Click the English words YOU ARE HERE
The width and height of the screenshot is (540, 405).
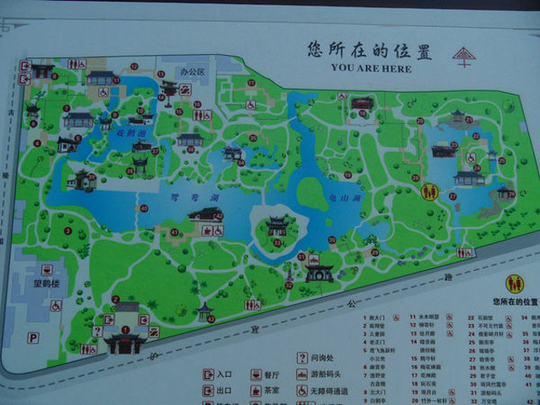(371, 67)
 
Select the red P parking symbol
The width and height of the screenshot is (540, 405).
(33, 337)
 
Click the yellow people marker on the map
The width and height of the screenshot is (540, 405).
(429, 192)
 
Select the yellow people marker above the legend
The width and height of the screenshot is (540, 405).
(514, 283)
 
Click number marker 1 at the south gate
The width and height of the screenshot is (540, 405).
(126, 329)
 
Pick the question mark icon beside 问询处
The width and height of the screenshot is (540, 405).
(301, 357)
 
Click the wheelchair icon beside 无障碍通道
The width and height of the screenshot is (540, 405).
(301, 391)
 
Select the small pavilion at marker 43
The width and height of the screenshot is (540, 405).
(204, 310)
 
